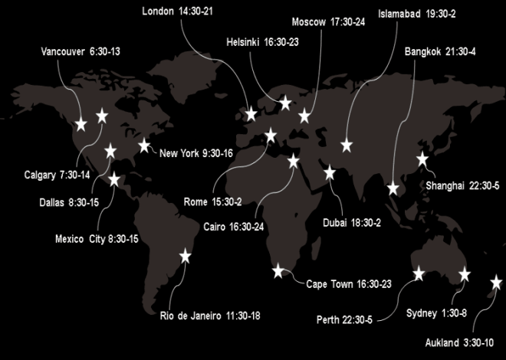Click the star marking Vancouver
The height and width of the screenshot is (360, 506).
pyautogui.click(x=81, y=124)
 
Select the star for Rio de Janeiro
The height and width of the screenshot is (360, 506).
pyautogui.click(x=185, y=257)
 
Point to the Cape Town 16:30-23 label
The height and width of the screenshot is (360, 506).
pyautogui.click(x=349, y=284)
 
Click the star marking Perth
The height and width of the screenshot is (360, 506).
pyautogui.click(x=419, y=273)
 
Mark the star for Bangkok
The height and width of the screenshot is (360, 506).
pyautogui.click(x=394, y=188)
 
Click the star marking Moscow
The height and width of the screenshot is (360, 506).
pyautogui.click(x=304, y=116)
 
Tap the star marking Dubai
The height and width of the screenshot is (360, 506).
pyautogui.click(x=330, y=172)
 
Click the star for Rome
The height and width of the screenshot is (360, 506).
pyautogui.click(x=271, y=136)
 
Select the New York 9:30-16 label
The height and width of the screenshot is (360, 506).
pyautogui.click(x=196, y=153)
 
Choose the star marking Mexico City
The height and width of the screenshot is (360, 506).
pyautogui.click(x=115, y=180)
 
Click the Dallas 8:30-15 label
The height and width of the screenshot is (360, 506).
pyautogui.click(x=68, y=202)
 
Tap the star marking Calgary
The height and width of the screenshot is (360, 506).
pyautogui.click(x=102, y=116)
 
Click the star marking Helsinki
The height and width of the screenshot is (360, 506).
pyautogui.click(x=285, y=103)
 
